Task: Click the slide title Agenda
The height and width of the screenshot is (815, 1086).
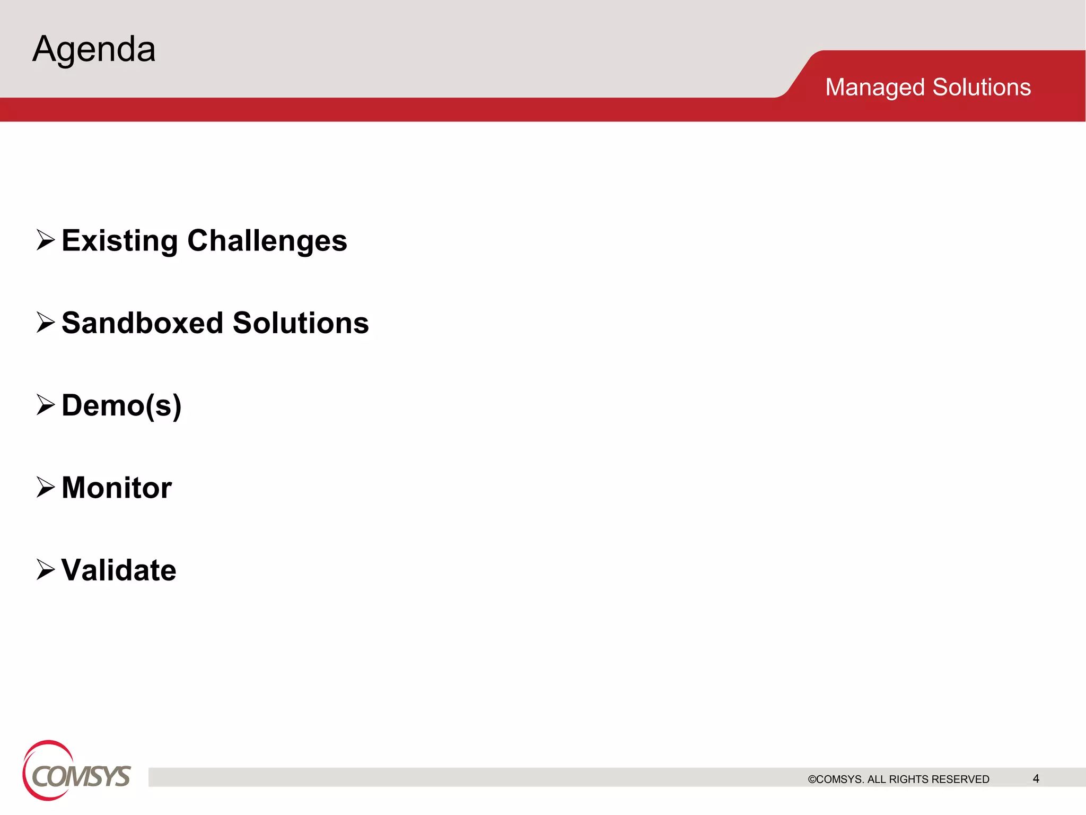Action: (94, 49)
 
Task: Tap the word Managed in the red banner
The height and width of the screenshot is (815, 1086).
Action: (875, 88)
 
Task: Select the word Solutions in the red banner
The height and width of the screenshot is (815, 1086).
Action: (982, 87)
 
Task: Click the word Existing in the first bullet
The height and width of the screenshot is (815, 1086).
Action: (120, 241)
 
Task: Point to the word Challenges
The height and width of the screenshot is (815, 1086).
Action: (267, 241)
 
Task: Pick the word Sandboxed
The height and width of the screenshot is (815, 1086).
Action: (143, 323)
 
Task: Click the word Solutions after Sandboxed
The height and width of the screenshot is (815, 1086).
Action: (301, 323)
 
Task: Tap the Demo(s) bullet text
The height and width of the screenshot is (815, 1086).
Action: (121, 406)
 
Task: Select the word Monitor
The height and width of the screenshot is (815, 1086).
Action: (117, 488)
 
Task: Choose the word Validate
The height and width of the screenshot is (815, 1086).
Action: (119, 570)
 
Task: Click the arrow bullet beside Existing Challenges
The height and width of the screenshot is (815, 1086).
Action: (46, 240)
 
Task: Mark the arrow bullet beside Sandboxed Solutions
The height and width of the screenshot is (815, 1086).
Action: (46, 322)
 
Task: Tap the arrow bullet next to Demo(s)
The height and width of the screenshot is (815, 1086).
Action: (46, 405)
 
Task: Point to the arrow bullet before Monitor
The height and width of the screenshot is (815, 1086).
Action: (46, 487)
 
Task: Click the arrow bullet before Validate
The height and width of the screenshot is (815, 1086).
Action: (46, 569)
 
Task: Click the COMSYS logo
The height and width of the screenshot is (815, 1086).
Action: (76, 771)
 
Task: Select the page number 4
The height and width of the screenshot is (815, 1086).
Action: (1036, 778)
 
